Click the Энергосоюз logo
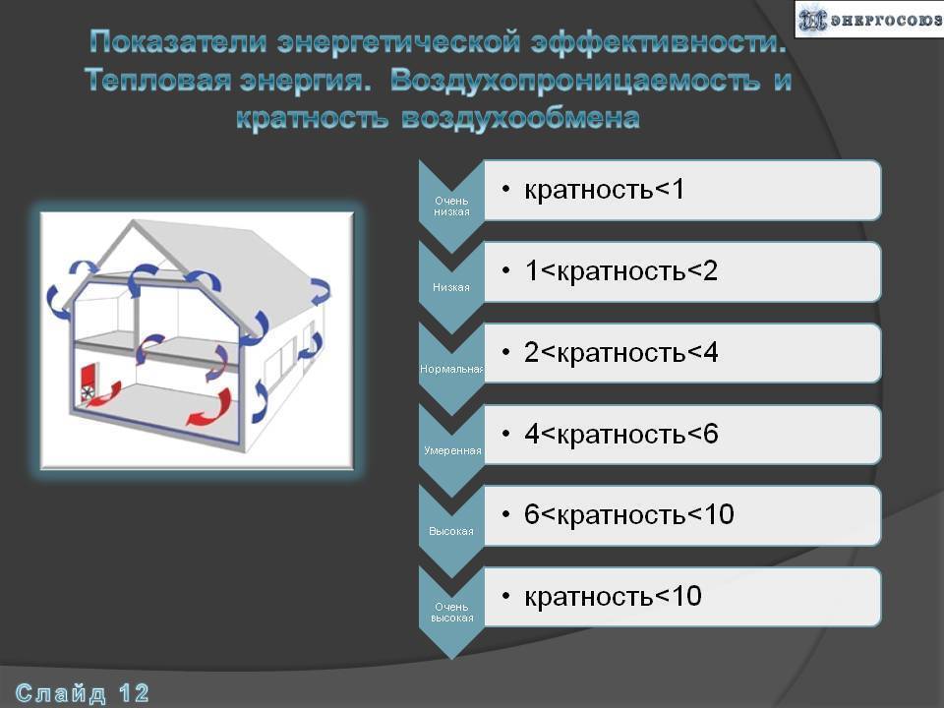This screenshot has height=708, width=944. click(869, 20)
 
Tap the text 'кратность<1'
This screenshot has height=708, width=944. click(605, 190)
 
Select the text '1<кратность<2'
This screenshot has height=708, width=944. click(620, 271)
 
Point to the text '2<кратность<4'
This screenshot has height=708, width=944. click(620, 352)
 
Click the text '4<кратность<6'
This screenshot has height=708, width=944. click(620, 434)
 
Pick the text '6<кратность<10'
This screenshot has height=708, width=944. click(629, 514)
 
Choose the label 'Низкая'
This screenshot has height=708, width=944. click(451, 288)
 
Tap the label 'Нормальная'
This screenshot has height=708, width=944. click(451, 369)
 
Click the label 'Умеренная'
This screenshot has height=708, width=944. click(452, 450)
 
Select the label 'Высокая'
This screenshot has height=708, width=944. click(451, 532)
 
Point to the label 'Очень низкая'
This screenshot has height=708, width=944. click(451, 206)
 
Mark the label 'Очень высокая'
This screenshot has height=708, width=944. click(451, 613)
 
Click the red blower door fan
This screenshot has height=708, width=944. click(88, 384)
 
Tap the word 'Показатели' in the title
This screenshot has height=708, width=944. click(178, 42)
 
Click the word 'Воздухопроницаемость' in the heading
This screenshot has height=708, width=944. click(575, 81)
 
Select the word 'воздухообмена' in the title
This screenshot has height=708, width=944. click(520, 118)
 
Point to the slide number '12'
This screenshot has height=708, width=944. click(134, 693)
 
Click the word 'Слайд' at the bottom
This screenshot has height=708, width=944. click(60, 694)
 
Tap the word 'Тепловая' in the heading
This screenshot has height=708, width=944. click(157, 80)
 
